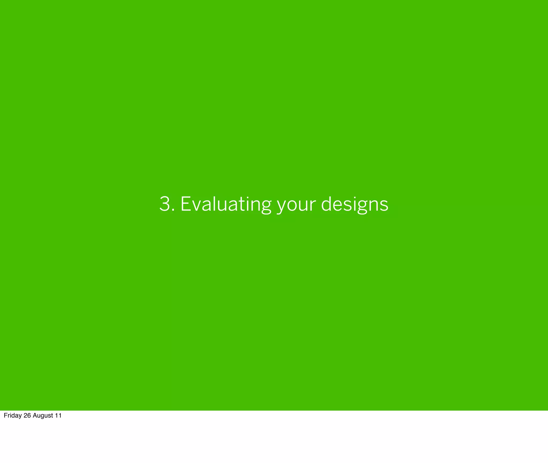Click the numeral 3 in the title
pyautogui.click(x=165, y=204)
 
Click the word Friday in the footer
pyautogui.click(x=13, y=416)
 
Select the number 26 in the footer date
pyautogui.click(x=27, y=415)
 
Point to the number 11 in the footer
pyautogui.click(x=58, y=415)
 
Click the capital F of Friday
pyautogui.click(x=5, y=415)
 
